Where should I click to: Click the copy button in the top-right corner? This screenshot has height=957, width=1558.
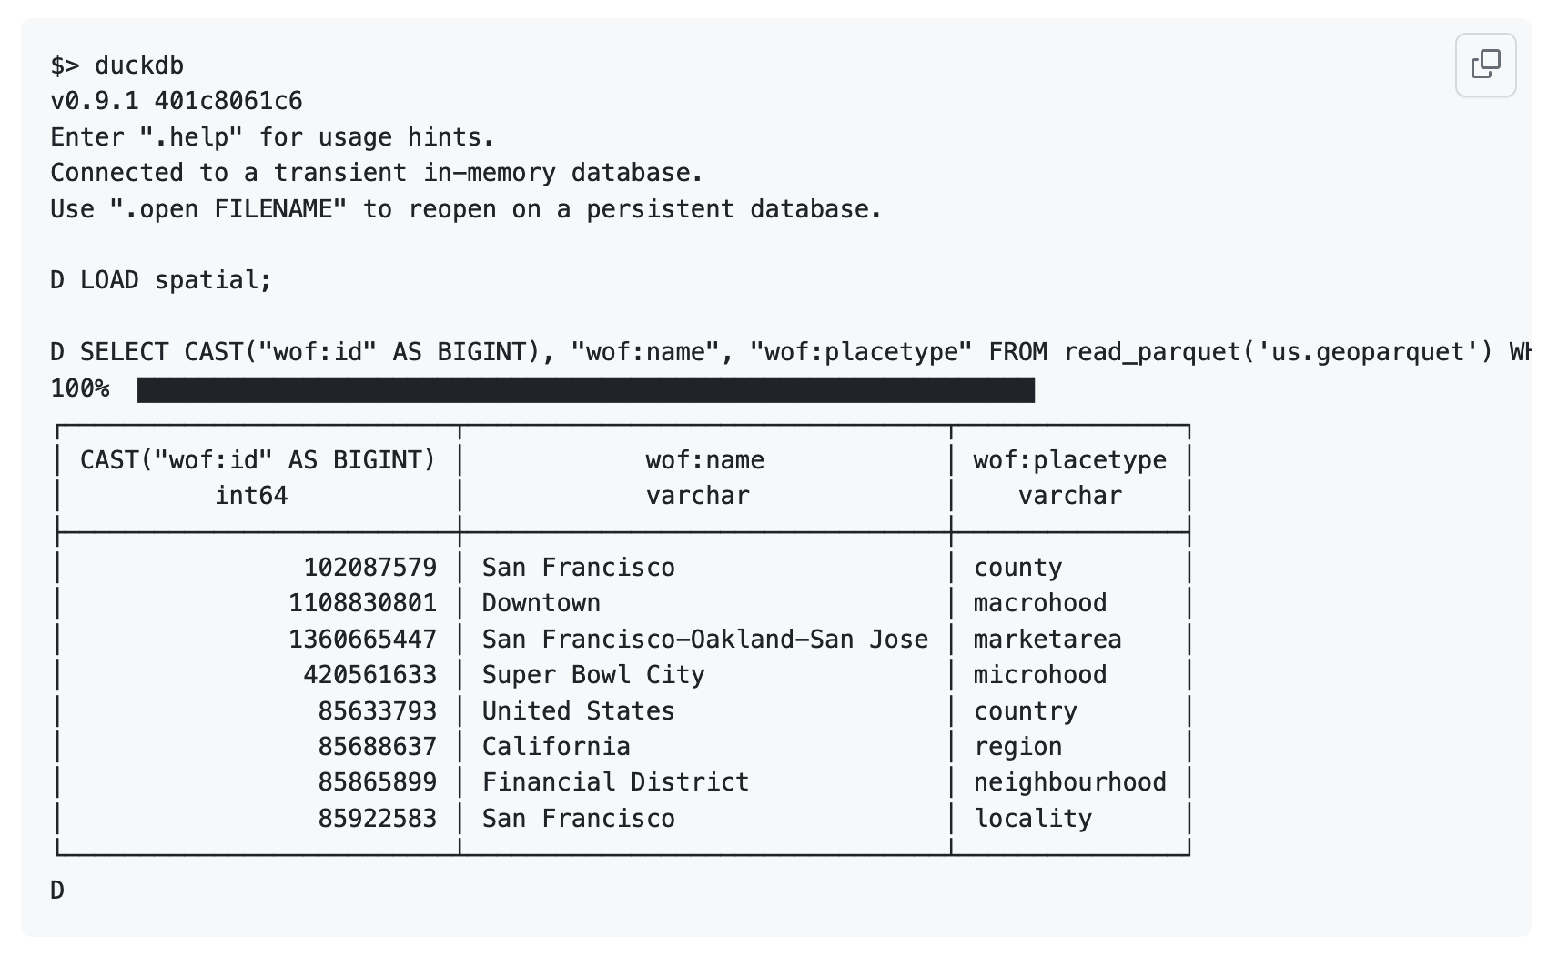[1486, 65]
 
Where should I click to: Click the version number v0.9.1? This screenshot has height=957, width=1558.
[95, 102]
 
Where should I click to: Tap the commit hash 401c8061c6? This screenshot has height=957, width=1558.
[228, 102]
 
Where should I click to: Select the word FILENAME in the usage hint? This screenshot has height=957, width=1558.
[273, 209]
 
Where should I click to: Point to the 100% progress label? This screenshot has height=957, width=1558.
[80, 388]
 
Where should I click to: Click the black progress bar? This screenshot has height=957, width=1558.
[586, 389]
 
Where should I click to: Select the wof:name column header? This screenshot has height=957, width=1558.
[704, 460]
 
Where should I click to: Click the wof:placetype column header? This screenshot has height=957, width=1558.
[1069, 460]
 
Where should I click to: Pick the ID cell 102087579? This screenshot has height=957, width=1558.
[370, 568]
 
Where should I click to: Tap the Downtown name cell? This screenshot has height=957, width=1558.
[541, 603]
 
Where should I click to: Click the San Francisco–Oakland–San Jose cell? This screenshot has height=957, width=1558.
[704, 640]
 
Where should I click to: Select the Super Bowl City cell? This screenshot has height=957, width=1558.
[593, 675]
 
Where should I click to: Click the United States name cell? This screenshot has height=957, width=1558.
[578, 711]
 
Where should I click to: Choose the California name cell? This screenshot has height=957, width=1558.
[556, 747]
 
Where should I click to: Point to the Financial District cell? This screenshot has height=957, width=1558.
[615, 782]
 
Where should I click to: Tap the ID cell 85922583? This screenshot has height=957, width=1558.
[378, 819]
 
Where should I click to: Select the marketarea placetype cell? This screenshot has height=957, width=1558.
[1047, 640]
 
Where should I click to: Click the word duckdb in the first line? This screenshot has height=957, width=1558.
[139, 65]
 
